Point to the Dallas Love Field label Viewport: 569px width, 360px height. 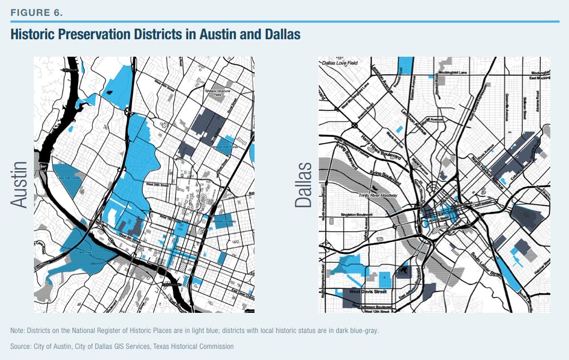[x=340, y=63]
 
